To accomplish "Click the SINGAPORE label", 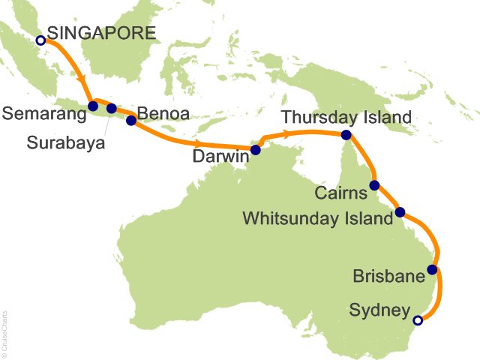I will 101,33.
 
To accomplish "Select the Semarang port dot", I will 93,106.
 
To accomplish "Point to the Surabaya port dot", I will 112,108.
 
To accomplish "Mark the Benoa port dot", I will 131,119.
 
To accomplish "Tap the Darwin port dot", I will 255,150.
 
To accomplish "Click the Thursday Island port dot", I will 346,135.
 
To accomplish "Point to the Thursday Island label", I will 346,118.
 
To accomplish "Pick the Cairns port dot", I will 374,185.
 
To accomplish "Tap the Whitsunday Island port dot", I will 400,211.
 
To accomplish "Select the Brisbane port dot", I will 432,269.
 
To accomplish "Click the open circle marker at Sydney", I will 418,320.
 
